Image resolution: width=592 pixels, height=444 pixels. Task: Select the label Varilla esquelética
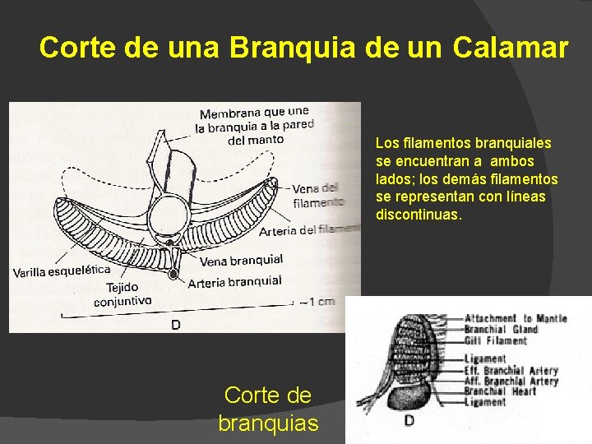62,271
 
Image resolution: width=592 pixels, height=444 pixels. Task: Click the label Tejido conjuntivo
123,294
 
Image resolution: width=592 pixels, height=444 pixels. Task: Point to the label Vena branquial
242,261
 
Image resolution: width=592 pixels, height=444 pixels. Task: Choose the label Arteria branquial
234,282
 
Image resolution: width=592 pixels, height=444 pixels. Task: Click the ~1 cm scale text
317,302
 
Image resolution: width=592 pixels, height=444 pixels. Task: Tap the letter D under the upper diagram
175,325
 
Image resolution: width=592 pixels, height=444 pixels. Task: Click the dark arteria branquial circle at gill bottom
173,275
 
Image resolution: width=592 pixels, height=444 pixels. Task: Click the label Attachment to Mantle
516,318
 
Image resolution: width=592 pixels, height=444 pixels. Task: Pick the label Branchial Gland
501,329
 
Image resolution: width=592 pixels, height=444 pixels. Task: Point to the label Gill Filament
496,340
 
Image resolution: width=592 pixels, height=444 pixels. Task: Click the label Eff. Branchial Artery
511,371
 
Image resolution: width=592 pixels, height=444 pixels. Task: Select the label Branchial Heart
500,391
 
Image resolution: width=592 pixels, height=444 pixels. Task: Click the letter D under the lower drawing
409,422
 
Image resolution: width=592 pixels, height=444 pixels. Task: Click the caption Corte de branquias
268,409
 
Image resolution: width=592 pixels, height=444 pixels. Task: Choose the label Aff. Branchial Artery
511,382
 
